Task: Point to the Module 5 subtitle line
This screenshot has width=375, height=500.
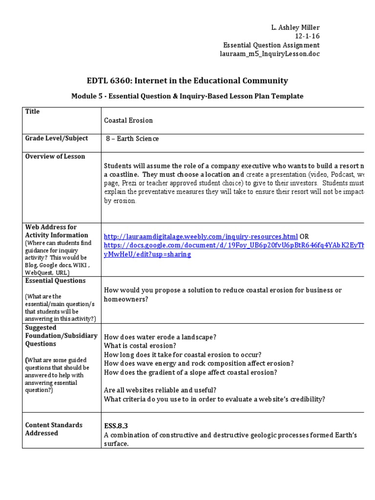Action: coord(187,96)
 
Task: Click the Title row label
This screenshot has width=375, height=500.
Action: coord(33,111)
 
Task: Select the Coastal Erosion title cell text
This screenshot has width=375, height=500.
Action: coord(128,120)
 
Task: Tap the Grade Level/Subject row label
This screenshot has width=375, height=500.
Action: coord(57,138)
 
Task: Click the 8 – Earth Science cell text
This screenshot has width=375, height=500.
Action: coord(132,139)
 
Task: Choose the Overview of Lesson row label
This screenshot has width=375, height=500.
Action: coord(55,156)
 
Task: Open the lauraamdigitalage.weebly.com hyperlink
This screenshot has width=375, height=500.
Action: coord(201,236)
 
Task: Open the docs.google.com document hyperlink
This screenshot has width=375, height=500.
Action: coord(234,245)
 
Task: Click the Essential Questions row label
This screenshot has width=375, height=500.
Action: coord(55,281)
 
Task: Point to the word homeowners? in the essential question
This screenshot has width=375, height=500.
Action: coord(126,299)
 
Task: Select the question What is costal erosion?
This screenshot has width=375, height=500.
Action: coord(140,346)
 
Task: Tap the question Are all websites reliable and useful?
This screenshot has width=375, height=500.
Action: coord(160,390)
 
